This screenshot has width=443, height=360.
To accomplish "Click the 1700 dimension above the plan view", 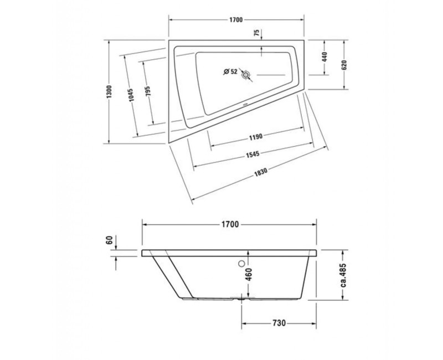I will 236,20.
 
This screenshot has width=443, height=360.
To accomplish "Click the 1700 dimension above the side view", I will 230,225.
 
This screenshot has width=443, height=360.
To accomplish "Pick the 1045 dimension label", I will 131,94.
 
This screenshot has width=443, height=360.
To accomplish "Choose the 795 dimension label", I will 148,92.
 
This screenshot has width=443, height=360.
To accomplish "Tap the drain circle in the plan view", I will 246,73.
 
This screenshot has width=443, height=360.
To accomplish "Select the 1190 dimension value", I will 256,135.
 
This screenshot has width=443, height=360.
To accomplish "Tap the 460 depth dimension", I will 249,274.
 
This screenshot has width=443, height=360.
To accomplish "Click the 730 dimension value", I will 278,323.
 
